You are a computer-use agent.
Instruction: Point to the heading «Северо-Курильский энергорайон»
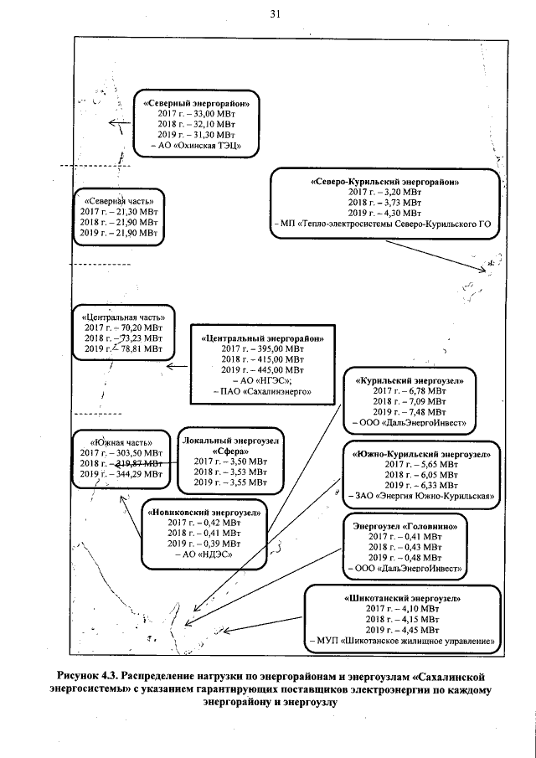pos(386,181)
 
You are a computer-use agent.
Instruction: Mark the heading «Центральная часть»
pos(117,318)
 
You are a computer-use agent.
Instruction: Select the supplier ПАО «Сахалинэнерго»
pos(263,391)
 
